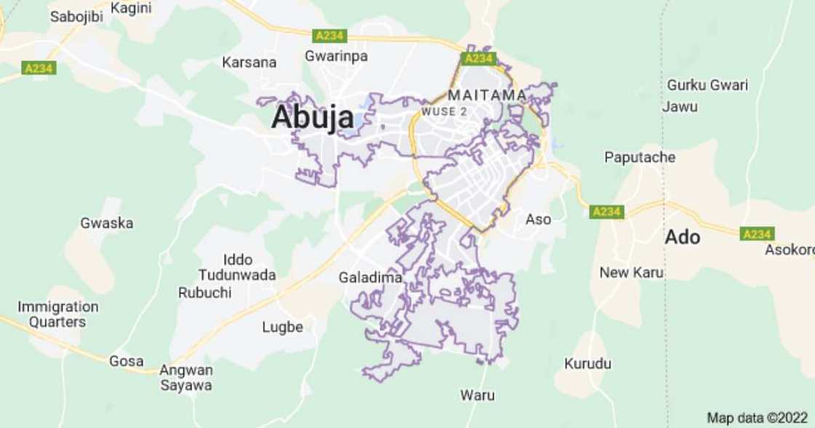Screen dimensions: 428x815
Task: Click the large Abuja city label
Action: [x=313, y=117]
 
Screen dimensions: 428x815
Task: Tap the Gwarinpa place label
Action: [x=336, y=56]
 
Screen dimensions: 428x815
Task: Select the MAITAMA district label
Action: [x=487, y=95]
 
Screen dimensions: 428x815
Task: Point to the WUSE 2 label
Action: [x=444, y=111]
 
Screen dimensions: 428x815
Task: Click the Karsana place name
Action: [x=249, y=62]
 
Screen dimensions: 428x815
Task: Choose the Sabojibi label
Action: [x=76, y=16]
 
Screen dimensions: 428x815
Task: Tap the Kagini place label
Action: [x=131, y=8]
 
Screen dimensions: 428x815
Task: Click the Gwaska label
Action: [x=107, y=223]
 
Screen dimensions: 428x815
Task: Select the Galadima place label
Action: [x=370, y=277]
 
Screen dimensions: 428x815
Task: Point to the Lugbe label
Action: [x=282, y=327]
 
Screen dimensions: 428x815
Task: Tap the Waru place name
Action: [x=477, y=395]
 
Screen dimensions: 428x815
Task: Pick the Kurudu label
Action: [x=588, y=363]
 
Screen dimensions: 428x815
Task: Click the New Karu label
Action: [x=631, y=272]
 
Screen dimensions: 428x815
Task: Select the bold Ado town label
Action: [x=683, y=237]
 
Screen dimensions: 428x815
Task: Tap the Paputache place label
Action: [x=640, y=157]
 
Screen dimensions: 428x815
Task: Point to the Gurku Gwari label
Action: [x=707, y=85]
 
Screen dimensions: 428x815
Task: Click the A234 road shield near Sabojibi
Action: [x=39, y=68]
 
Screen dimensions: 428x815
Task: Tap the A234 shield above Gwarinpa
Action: [x=330, y=36]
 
